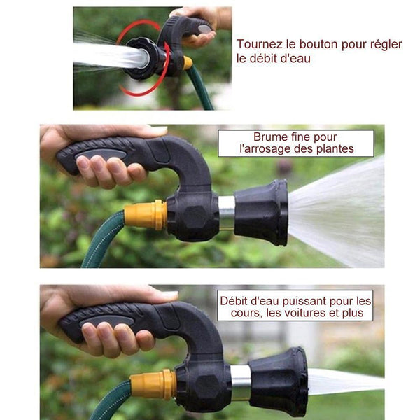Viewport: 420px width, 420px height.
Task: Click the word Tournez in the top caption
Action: coord(259,45)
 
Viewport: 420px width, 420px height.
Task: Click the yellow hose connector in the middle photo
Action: coord(146,215)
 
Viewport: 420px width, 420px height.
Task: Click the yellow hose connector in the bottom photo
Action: coord(153,384)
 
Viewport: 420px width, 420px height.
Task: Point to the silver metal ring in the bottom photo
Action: coord(241,383)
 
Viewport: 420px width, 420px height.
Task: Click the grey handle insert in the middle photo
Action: coord(101,155)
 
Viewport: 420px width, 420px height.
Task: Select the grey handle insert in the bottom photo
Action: coord(106,321)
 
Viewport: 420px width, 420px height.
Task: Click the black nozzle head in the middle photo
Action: coord(261,213)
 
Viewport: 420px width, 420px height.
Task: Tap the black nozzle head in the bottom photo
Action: coord(279,381)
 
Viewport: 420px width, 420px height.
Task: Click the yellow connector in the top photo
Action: coord(188,63)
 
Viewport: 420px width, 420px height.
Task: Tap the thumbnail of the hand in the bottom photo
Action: coord(169,295)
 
